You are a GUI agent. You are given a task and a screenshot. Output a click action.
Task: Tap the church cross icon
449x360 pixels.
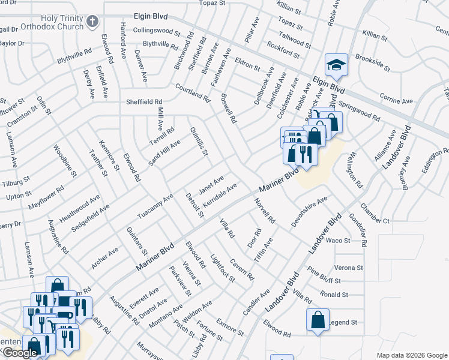pyautogui.click(x=92, y=22)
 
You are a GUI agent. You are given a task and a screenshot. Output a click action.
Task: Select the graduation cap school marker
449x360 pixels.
pyautogui.click(x=336, y=66)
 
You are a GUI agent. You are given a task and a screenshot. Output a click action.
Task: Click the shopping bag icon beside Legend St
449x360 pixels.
pyautogui.click(x=318, y=320)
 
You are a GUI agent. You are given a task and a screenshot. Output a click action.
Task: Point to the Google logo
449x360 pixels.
pyautogui.click(x=20, y=353)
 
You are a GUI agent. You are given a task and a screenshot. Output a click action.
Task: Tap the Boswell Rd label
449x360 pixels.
pyautogui.click(x=228, y=109)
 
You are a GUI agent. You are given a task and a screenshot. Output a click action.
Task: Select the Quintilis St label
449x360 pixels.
pyautogui.click(x=199, y=142)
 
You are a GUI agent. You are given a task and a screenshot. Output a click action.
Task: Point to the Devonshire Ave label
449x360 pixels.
pyautogui.click(x=309, y=210)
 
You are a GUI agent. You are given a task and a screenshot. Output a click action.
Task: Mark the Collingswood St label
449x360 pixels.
pyautogui.click(x=156, y=30)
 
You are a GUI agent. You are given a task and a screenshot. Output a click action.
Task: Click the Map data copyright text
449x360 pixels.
pyautogui.click(x=411, y=355)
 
